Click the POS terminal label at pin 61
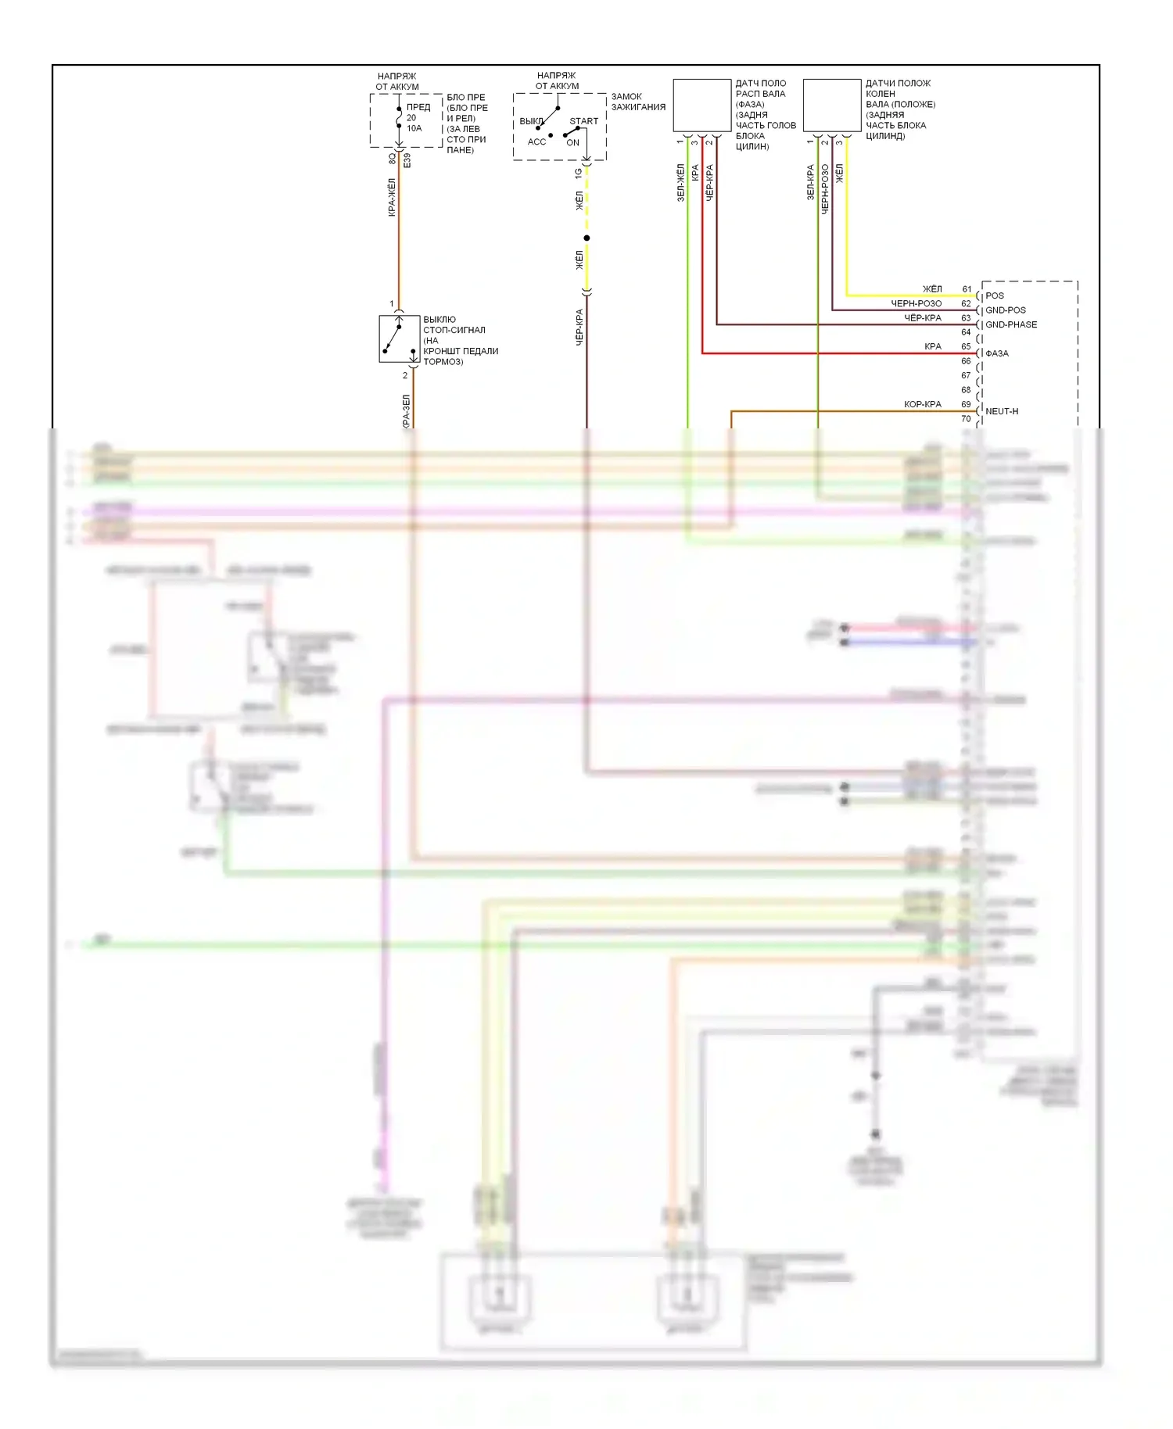pos(994,295)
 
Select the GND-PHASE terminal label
pos(1010,324)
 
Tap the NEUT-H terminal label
pos(1001,411)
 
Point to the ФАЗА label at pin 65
pos(996,353)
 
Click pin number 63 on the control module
pos(966,318)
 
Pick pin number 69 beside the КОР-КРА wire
pos(966,404)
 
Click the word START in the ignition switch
pos(583,121)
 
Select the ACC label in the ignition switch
pos(536,141)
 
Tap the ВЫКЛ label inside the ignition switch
pos(531,121)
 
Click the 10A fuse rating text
pos(414,128)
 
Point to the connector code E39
pos(407,160)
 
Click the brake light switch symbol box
pos(399,339)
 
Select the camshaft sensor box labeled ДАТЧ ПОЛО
pos(701,106)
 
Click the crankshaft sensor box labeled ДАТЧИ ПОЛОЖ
pos(831,106)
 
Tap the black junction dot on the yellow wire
pos(586,238)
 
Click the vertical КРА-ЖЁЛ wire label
pos(392,198)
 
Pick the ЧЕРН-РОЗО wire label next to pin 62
pos(916,303)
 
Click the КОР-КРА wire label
pos(922,404)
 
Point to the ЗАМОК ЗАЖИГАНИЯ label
pos(638,102)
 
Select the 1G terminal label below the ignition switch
pos(578,173)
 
